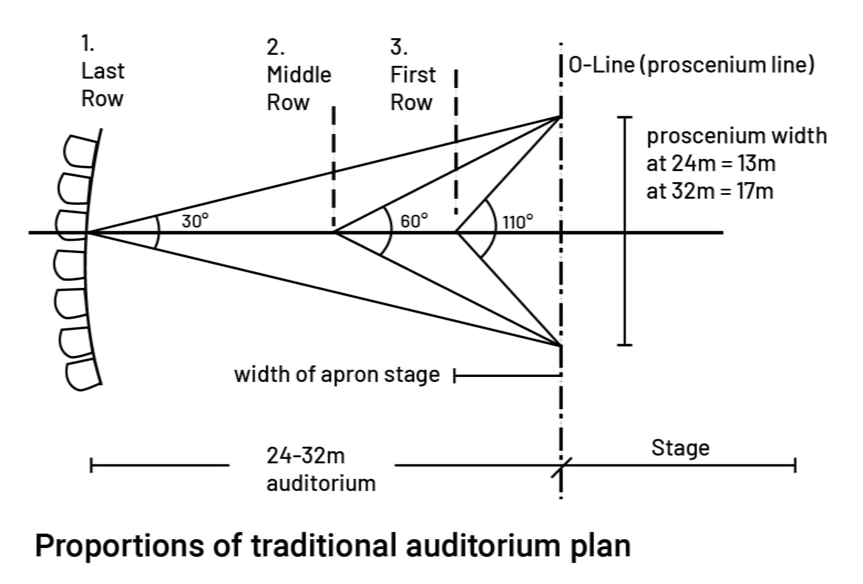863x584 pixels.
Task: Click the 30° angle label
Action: click(x=196, y=221)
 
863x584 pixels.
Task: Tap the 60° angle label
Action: click(x=414, y=221)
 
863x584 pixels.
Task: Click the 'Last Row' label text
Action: click(x=102, y=85)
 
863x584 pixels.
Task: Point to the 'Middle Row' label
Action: click(x=299, y=88)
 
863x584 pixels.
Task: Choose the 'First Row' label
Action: click(x=413, y=88)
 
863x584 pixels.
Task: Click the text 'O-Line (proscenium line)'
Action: click(x=692, y=65)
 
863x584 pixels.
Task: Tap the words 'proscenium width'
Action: click(x=737, y=136)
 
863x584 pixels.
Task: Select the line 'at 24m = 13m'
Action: click(x=711, y=163)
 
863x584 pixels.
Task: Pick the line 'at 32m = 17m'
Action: click(x=710, y=191)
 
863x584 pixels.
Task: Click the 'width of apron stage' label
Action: click(x=337, y=375)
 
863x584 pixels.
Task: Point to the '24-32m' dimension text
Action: click(x=305, y=456)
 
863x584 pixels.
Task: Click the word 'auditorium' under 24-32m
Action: click(x=321, y=483)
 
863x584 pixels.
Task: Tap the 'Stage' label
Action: click(x=680, y=448)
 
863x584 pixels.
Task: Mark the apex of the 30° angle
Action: click(x=89, y=232)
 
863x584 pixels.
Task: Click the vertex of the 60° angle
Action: click(x=335, y=232)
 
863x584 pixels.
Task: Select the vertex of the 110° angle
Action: click(x=456, y=232)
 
